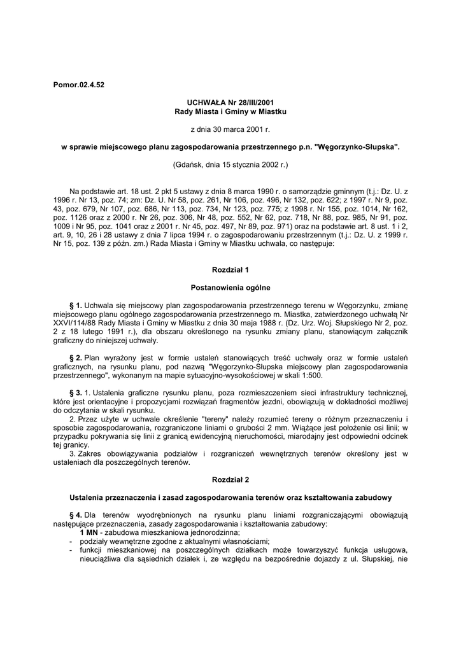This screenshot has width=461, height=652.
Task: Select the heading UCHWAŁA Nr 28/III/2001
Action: (230, 103)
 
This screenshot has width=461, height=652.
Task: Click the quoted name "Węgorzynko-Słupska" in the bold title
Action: (357, 146)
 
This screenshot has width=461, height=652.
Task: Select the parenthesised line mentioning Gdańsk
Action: (230, 164)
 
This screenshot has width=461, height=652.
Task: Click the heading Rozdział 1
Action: (230, 270)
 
